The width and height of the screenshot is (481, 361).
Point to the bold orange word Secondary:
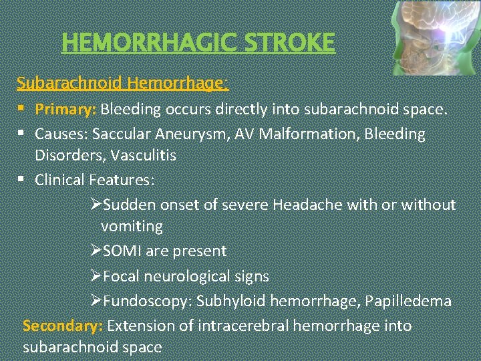(x=62, y=326)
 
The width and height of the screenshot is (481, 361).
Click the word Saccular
(x=119, y=134)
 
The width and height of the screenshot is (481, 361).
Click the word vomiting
(x=132, y=226)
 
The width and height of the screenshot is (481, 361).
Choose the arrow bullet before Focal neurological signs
(x=96, y=275)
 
